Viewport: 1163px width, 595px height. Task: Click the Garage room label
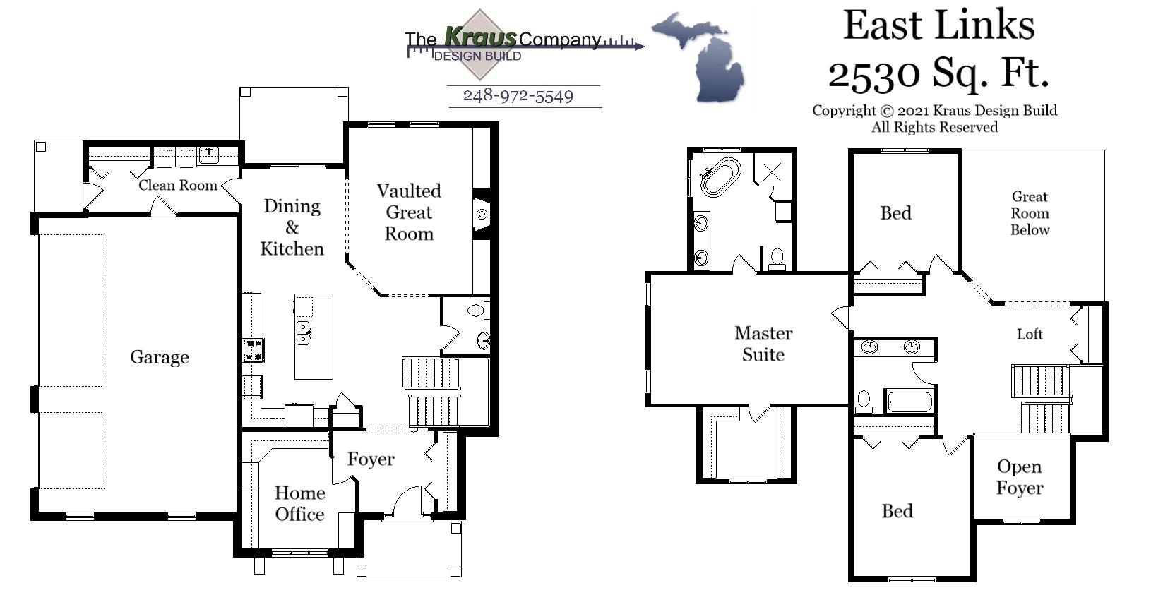[x=159, y=357]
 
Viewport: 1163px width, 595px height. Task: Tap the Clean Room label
[x=177, y=185]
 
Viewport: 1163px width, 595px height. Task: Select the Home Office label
[x=299, y=503]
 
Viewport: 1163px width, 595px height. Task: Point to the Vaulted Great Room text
[x=409, y=212]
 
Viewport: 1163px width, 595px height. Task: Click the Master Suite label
[x=763, y=344]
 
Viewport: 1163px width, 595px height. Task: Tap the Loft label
[x=1030, y=335]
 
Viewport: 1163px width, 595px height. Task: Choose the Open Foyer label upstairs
[x=1019, y=477]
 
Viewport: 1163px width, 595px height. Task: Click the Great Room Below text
[x=1030, y=213]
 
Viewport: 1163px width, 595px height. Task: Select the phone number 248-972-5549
[x=518, y=96]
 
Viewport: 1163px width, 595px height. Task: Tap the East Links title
[x=938, y=25]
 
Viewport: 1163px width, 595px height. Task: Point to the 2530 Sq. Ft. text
[x=938, y=72]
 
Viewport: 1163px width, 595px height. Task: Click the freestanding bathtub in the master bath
[x=720, y=176]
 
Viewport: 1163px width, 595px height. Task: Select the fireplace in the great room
[x=482, y=214]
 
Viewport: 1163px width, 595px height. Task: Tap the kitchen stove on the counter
[x=253, y=350]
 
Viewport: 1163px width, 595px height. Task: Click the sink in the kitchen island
[x=304, y=332]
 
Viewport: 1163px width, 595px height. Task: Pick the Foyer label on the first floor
[x=371, y=459]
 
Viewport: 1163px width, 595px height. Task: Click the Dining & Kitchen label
[x=292, y=227]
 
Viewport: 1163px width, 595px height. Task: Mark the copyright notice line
[x=934, y=111]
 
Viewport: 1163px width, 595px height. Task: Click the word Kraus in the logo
[x=480, y=37]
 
